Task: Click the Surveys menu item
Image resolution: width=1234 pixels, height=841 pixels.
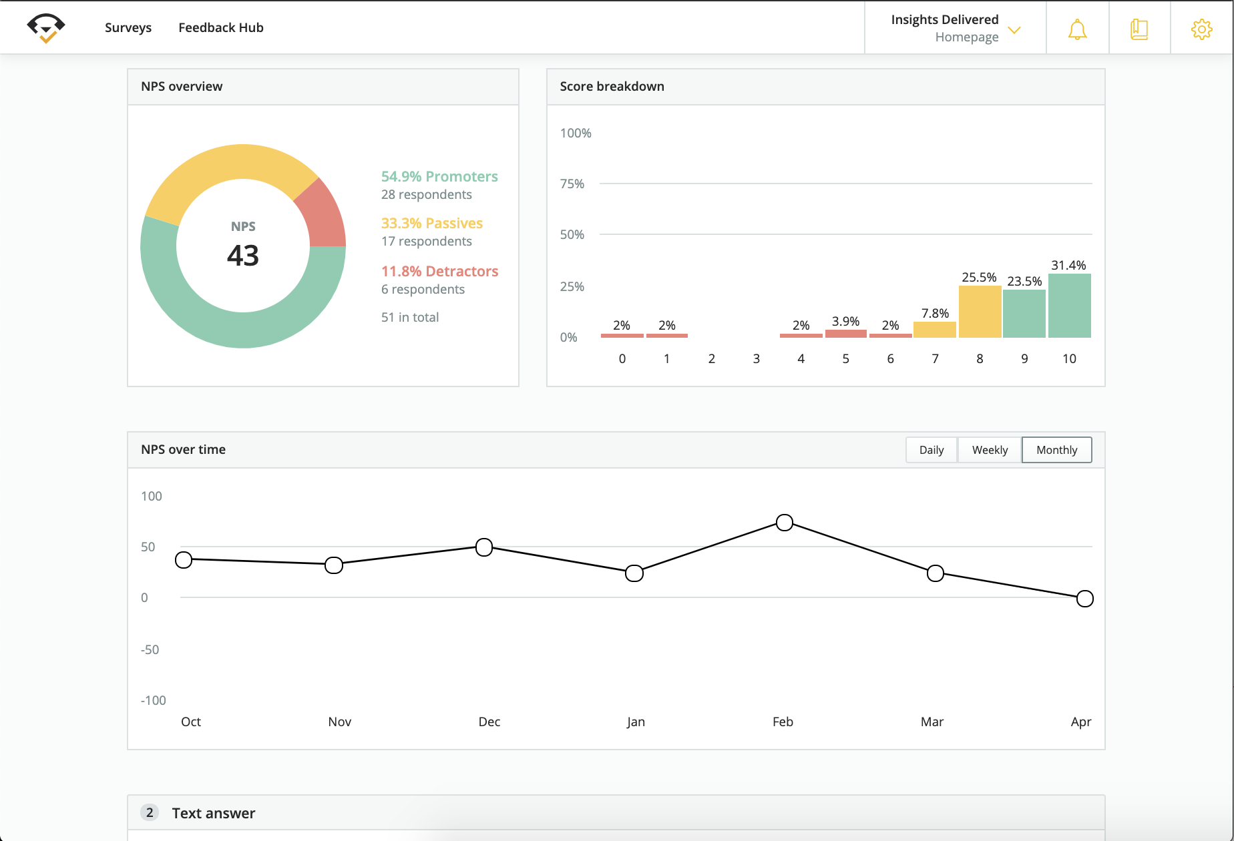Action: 128,27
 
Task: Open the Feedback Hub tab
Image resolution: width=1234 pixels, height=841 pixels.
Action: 220,27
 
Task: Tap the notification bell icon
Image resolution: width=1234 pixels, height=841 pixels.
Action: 1077,29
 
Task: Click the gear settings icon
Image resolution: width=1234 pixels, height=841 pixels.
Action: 1201,29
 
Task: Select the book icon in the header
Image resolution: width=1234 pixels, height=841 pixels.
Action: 1139,29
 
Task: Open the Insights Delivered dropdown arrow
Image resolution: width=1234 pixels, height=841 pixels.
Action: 1014,30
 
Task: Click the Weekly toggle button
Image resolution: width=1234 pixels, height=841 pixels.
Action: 990,450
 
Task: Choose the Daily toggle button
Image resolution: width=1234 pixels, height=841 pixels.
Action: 931,450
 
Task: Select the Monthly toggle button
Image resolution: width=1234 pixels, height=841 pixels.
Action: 1056,450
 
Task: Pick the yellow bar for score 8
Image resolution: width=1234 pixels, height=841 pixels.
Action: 980,312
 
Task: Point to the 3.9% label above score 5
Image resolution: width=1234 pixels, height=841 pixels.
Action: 845,322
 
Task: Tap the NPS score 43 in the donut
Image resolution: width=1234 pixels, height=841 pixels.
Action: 243,256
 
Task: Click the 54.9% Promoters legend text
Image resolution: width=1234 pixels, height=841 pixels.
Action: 439,176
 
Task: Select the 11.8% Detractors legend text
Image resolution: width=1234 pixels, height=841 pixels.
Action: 439,271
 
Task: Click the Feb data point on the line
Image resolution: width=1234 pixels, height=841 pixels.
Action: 785,523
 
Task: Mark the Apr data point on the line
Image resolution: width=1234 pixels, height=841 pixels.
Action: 1085,599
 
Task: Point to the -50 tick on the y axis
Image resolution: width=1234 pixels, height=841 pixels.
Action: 150,649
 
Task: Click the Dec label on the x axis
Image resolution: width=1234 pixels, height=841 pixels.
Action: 489,722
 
